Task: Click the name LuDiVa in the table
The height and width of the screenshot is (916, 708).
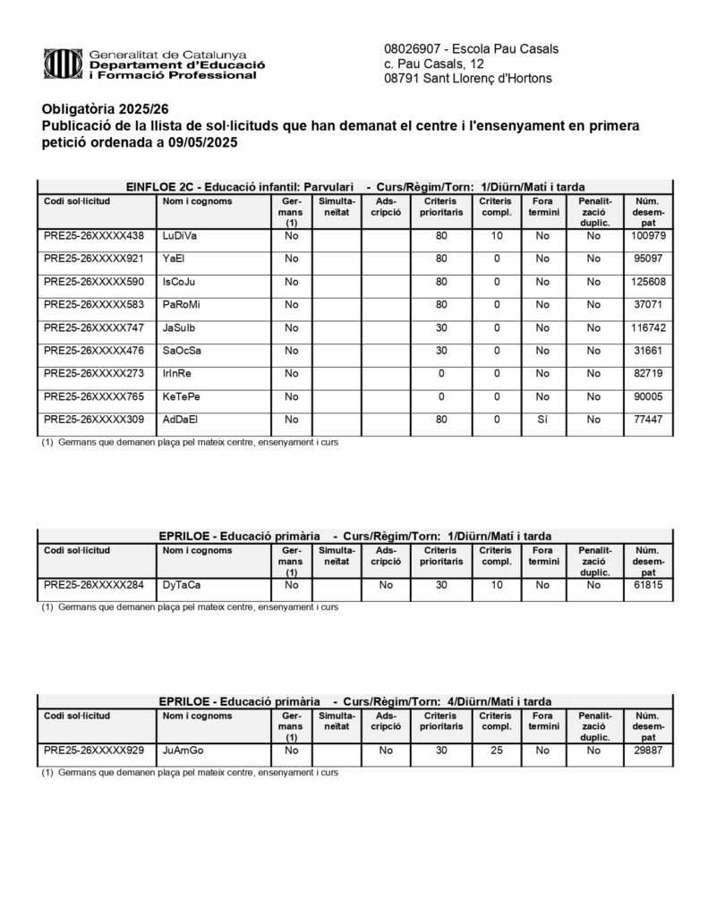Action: click(x=180, y=236)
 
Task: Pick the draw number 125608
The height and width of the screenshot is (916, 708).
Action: click(x=643, y=282)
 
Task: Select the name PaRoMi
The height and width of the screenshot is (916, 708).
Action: click(x=182, y=305)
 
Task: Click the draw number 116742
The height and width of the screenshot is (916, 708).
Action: click(x=643, y=327)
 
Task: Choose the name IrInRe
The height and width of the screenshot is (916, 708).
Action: click(x=177, y=373)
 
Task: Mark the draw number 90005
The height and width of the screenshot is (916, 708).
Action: click(x=643, y=396)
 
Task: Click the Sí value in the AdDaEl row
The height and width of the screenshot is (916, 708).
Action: click(x=542, y=420)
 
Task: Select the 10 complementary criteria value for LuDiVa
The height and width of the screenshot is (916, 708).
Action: click(x=496, y=236)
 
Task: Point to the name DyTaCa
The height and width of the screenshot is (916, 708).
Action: click(x=182, y=585)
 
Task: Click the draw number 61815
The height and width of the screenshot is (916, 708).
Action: click(x=643, y=585)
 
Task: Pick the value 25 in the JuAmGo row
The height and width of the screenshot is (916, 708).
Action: click(x=496, y=751)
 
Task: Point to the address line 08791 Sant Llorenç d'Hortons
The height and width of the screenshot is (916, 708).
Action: click(x=467, y=79)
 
